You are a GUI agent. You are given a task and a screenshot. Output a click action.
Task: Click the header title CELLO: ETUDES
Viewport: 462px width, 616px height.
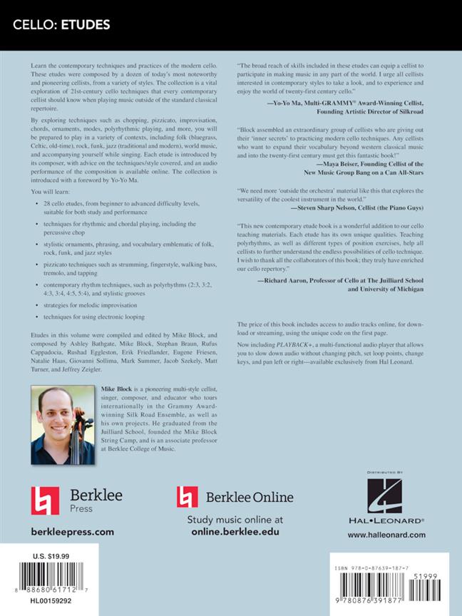point(60,26)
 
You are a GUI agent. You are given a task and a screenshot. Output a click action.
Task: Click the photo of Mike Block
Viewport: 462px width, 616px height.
point(59,424)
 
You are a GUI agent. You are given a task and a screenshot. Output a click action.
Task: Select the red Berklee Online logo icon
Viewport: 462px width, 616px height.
point(188,496)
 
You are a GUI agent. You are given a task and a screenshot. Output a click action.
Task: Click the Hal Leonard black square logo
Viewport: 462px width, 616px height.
point(387,496)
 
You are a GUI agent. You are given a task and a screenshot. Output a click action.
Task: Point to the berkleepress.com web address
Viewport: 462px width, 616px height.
point(73,532)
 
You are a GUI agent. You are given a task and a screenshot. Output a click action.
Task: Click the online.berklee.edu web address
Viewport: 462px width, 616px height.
point(235,532)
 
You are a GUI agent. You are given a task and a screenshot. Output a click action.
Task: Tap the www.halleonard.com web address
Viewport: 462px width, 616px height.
point(387,535)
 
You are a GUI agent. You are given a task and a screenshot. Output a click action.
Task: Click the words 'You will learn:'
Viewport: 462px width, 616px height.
point(49,191)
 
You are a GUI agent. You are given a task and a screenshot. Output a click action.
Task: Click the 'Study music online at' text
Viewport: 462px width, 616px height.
point(235,520)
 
